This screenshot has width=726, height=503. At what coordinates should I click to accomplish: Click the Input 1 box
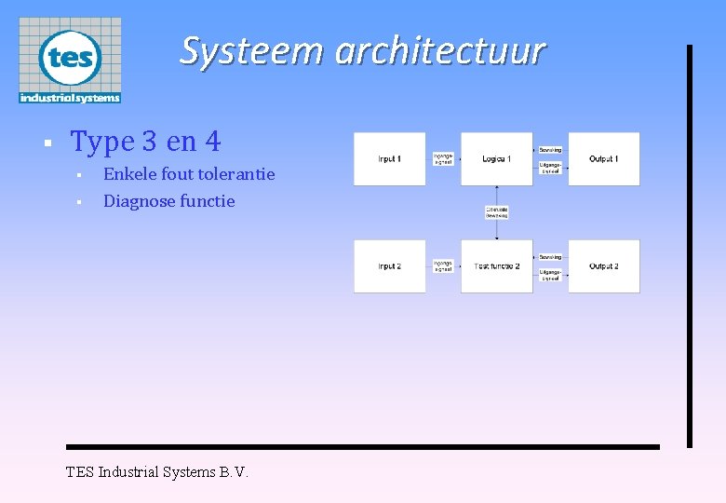389,159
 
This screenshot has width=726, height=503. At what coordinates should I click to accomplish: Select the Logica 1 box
497,159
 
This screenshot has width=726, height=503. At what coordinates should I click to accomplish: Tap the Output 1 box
604,159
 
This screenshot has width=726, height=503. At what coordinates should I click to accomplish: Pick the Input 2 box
389,266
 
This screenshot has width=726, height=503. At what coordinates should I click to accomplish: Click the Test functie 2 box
497,266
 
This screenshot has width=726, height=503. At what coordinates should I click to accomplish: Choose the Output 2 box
604,266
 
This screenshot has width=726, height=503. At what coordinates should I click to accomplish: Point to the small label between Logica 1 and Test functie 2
497,212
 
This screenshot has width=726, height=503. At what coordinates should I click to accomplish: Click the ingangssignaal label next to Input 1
443,159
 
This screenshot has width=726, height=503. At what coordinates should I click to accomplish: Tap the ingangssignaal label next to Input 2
443,266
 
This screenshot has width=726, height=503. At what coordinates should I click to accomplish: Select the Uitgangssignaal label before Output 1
550,169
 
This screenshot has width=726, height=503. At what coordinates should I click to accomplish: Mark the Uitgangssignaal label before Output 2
550,276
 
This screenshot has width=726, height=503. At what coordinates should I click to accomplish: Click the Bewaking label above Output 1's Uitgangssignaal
550,150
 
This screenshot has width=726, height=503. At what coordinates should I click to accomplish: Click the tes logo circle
70,57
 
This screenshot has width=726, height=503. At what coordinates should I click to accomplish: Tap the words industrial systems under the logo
70,97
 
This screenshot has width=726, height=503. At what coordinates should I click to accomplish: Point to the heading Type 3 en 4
146,142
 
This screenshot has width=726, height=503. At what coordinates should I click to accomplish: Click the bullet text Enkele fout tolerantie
189,174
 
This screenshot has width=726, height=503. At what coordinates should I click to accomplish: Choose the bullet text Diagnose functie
169,201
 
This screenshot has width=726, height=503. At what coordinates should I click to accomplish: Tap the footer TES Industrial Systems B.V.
157,472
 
